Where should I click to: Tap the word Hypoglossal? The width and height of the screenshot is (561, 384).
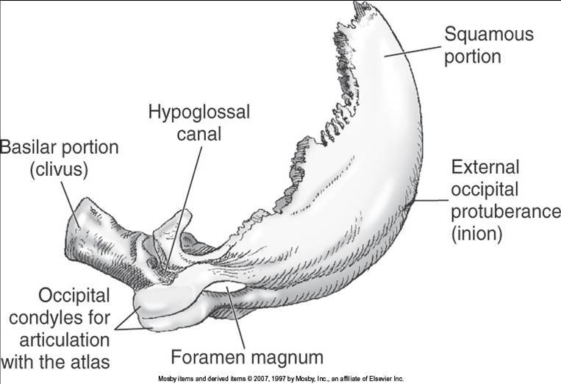(199, 113)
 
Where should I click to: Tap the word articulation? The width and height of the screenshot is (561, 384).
(64, 341)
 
